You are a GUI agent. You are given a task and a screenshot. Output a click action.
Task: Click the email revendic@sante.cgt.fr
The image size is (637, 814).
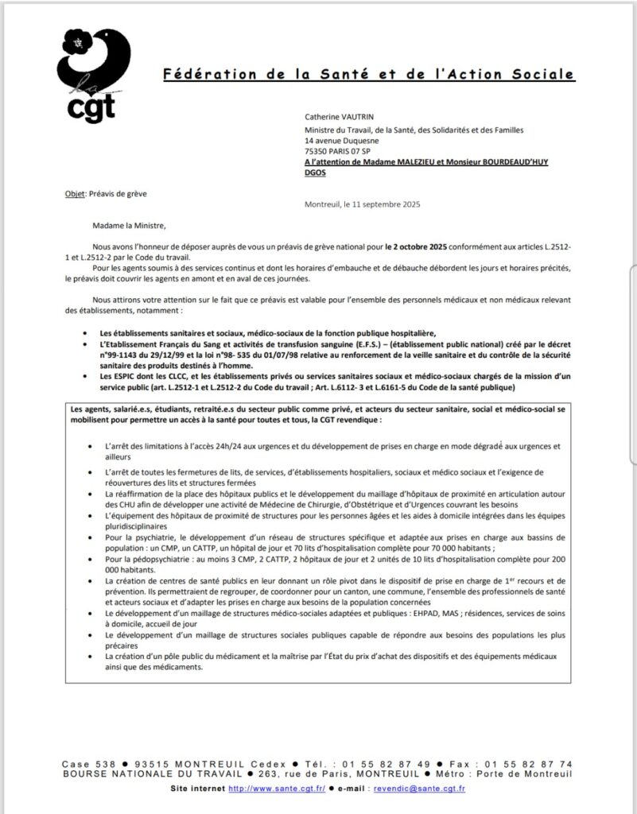coord(426,789)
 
